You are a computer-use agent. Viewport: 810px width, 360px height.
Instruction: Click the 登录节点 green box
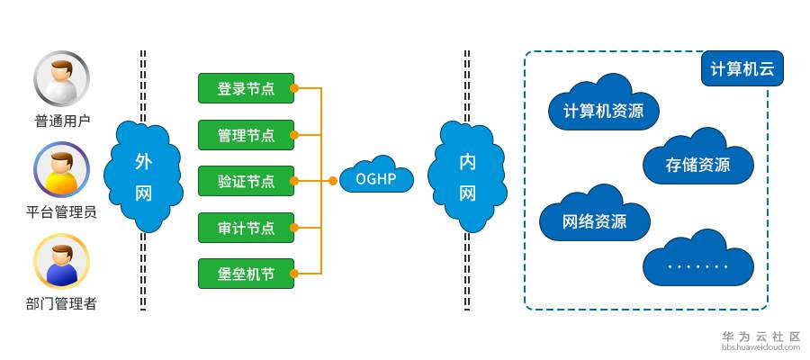pyautogui.click(x=246, y=88)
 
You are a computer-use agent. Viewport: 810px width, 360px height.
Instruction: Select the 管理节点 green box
pyautogui.click(x=246, y=135)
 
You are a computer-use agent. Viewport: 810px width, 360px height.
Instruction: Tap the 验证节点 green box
pyautogui.click(x=246, y=181)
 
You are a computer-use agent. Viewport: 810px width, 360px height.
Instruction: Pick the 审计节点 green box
pyautogui.click(x=246, y=228)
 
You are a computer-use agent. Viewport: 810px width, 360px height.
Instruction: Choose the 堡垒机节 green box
pyautogui.click(x=246, y=274)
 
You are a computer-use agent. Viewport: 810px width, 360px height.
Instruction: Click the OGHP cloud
pyautogui.click(x=376, y=177)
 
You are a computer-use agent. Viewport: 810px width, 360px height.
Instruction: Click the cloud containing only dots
pyautogui.click(x=697, y=262)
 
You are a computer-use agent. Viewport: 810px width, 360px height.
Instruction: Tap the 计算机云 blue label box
pyautogui.click(x=742, y=68)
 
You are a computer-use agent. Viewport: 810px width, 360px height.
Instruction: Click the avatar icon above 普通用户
pyautogui.click(x=62, y=78)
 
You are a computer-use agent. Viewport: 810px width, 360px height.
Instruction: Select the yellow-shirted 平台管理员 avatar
pyautogui.click(x=62, y=170)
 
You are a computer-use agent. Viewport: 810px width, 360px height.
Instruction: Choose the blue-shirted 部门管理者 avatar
pyautogui.click(x=62, y=261)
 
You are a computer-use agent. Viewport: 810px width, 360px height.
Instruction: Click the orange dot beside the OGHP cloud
pyautogui.click(x=333, y=181)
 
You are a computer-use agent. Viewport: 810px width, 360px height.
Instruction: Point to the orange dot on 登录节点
pyautogui.click(x=294, y=88)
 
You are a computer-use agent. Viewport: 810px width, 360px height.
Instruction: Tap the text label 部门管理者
pyautogui.click(x=61, y=303)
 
